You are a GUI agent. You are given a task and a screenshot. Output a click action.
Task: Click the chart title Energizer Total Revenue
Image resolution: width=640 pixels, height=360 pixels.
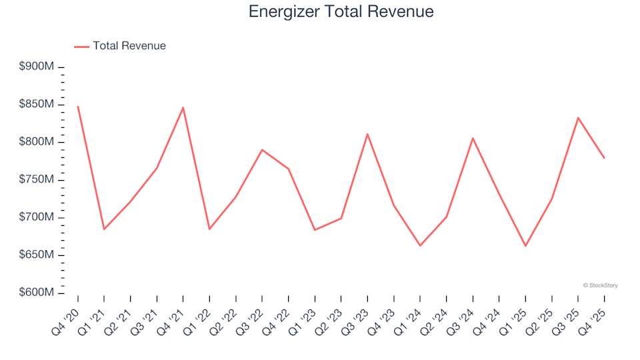341,11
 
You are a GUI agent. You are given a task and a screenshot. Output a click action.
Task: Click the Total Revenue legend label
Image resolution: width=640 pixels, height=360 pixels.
129,46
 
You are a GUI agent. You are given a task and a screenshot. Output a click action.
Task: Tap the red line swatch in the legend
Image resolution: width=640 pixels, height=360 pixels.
81,47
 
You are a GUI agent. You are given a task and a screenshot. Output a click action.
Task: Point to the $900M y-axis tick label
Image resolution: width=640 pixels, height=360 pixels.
37,67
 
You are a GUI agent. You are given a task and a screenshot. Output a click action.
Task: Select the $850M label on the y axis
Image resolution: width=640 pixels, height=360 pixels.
37,105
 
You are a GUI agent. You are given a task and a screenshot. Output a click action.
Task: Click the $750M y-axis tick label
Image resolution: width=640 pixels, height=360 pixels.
37,180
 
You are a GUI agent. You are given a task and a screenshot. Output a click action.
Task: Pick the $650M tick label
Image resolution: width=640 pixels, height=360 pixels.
37,255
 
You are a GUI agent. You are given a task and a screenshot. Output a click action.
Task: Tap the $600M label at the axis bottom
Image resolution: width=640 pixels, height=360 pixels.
37,293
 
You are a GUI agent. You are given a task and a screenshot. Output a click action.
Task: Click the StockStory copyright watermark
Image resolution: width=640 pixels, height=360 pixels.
600,285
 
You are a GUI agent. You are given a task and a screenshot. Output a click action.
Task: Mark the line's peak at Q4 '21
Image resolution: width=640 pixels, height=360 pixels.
183,107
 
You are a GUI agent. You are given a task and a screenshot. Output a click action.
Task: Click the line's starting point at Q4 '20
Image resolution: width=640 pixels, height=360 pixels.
78,106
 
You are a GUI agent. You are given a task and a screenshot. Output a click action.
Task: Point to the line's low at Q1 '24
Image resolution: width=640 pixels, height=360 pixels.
420,245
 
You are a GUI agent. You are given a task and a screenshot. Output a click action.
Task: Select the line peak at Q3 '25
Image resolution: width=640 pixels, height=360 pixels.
578,118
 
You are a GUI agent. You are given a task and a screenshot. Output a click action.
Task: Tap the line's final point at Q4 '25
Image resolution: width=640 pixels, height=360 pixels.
604,158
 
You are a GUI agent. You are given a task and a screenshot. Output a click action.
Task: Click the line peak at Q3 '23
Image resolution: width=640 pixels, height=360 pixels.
367,134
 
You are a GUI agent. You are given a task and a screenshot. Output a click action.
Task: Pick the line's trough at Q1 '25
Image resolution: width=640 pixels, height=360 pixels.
525,246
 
